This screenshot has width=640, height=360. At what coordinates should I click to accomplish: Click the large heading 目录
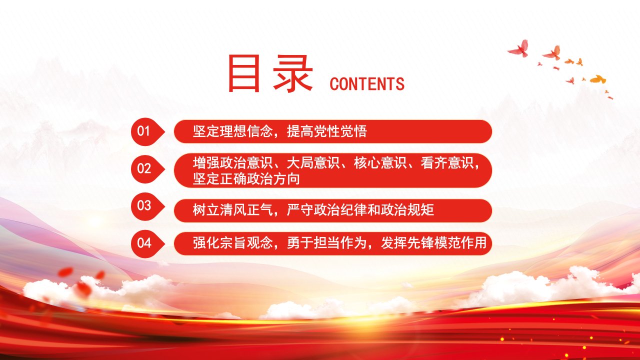coord(270,73)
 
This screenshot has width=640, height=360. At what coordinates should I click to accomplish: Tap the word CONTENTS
coord(367,84)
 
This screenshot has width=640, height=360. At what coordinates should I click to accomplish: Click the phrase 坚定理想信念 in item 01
coord(232,131)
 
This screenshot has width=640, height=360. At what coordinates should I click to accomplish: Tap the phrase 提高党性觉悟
coord(326,131)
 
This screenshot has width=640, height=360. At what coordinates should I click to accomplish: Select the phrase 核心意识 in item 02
coord(380,163)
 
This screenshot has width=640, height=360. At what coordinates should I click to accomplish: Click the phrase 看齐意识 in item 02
coord(447,163)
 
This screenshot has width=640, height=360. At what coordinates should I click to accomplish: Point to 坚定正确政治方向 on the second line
coord(246,179)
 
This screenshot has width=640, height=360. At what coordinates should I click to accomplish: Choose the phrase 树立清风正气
coord(232,210)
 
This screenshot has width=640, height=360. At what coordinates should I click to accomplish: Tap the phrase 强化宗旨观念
coord(232,243)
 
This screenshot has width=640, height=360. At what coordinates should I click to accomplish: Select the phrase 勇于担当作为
coord(326,243)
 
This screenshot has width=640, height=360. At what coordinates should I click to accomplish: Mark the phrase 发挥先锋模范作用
coord(433,243)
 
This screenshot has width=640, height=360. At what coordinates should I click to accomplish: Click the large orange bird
coord(597,79)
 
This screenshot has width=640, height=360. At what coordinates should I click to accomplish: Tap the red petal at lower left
coord(65,272)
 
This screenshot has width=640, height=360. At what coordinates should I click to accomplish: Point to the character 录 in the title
coord(293,73)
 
